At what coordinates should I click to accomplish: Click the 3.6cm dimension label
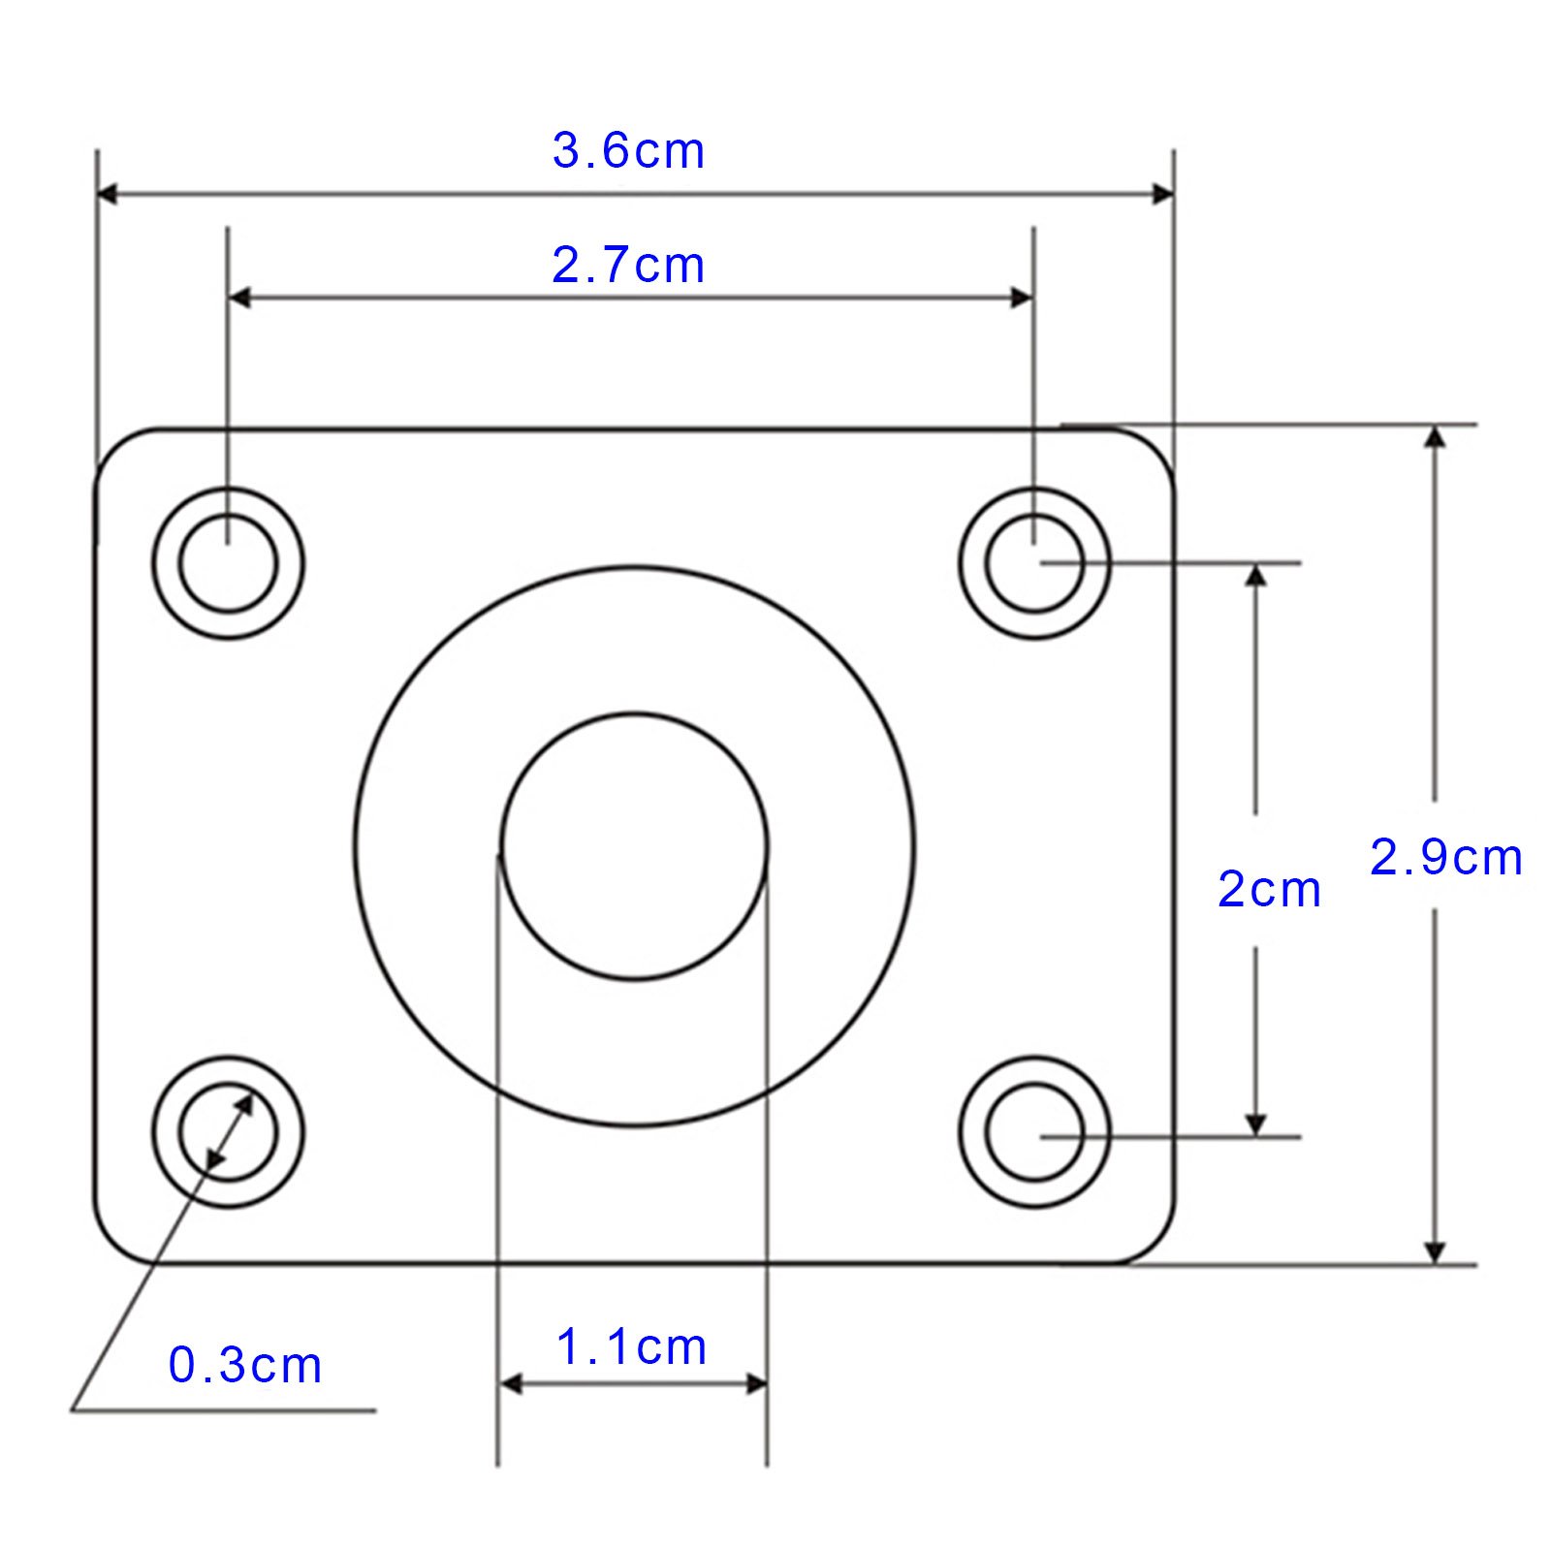point(628,151)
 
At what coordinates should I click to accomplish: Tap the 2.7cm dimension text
point(628,266)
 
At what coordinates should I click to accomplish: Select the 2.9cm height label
point(1445,858)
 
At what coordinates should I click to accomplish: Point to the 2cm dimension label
point(1269,890)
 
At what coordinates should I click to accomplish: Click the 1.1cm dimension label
point(632,1347)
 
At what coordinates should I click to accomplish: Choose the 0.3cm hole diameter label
point(245,1366)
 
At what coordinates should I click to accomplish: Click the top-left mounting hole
point(228,563)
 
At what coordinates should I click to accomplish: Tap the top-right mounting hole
point(1034,563)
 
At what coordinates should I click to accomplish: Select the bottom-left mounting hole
point(228,1131)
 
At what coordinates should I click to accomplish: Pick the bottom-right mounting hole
point(1034,1131)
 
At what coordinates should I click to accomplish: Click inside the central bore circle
point(634,846)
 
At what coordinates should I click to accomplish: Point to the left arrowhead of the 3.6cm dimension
point(108,194)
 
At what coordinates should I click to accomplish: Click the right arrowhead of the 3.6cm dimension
point(1162,194)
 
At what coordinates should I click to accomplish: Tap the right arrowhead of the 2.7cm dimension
point(1022,298)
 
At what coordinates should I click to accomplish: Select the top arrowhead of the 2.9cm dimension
point(1436,437)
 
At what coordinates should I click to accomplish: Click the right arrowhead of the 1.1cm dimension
point(756,1383)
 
